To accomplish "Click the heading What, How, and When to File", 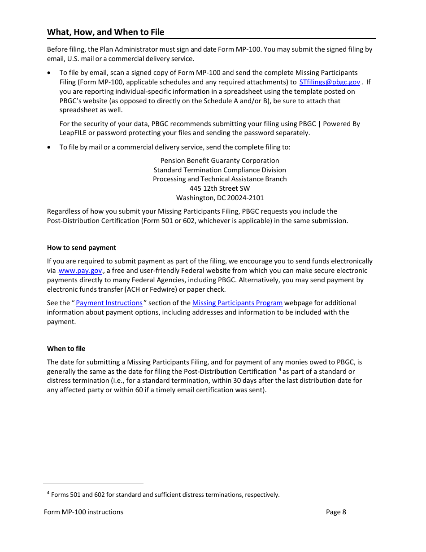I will click(105, 32).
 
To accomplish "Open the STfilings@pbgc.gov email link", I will click(330, 82).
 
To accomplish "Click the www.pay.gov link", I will click(80, 271).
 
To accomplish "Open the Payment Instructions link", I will click(109, 303).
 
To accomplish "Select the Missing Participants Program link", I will click(237, 303).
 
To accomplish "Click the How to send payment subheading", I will click(81, 248).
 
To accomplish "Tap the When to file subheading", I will click(66, 349).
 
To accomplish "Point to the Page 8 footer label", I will click(336, 512).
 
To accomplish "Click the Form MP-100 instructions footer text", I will click(83, 512).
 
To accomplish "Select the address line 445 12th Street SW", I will click(220, 188).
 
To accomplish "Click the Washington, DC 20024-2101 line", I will click(220, 198).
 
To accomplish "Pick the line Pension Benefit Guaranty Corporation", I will click(220, 161).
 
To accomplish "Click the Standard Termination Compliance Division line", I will click(220, 170).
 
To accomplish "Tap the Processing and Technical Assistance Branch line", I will click(220, 179).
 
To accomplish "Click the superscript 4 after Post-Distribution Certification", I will click(280, 369).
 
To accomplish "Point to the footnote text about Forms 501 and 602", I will click(165, 495).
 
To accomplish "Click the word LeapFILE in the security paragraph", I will click(73, 133).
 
